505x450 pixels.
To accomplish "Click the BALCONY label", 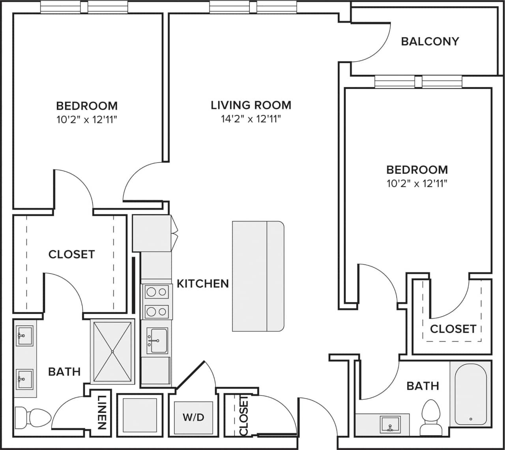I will click(x=430, y=41).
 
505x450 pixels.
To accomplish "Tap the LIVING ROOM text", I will click(x=251, y=105).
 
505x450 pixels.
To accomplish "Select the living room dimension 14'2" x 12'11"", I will click(x=251, y=119).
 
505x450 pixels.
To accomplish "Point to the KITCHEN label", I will click(x=203, y=283).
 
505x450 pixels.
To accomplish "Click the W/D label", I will click(x=193, y=417).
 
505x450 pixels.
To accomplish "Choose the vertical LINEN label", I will click(x=101, y=412).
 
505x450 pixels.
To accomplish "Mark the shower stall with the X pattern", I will click(x=112, y=351).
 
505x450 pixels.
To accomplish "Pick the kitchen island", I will click(x=258, y=276).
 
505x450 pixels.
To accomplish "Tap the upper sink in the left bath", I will click(x=24, y=336).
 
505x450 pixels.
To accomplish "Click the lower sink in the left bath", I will click(x=24, y=379).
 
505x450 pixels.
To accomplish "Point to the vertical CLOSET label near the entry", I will click(x=243, y=415).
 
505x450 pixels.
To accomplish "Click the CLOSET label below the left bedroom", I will click(x=71, y=254).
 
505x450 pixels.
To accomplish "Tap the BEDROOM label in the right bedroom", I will click(x=417, y=170).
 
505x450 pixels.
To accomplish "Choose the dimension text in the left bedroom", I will click(x=87, y=120).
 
